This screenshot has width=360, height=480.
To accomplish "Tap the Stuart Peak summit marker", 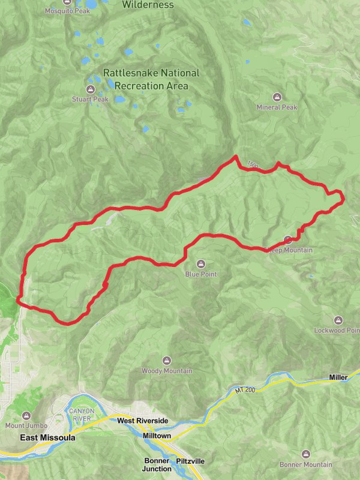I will coord(90,89).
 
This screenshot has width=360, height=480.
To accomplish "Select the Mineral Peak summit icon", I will coord(277,97).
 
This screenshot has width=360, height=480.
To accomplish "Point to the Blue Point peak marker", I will coord(200,263).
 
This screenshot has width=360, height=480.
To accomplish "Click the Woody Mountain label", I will coord(167,371).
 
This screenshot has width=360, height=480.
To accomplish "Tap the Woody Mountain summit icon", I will coord(167,361).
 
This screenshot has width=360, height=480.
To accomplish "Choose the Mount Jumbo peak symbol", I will coord(26,415).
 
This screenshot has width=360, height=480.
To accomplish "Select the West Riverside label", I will coord(143,421).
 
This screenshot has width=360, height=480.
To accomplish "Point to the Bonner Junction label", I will coord(157,465).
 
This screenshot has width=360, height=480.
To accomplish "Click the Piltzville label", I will coord(191,461).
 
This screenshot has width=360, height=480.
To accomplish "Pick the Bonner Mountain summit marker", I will coord(306,454).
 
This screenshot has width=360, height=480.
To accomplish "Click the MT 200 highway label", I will coord(245,391).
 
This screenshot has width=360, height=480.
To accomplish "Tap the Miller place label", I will coord(338,377).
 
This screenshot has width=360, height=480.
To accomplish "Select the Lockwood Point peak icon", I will coord(338,320).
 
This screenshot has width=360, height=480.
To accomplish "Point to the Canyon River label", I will coord(82,415).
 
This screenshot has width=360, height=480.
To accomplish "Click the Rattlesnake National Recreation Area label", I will coord(151,79).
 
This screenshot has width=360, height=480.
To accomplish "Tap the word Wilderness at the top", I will coord(148,5).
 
